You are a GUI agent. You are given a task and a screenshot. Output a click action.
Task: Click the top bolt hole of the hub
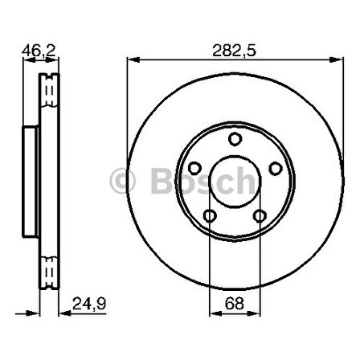click(x=235, y=140)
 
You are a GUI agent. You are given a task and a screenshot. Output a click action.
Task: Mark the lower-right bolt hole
click(x=259, y=215)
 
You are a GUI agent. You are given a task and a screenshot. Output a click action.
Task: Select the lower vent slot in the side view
click(x=51, y=266)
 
